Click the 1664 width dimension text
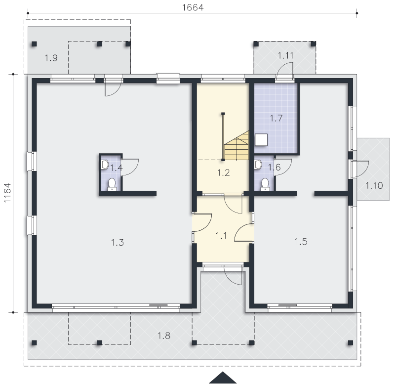[x=193, y=7]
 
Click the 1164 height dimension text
[x=7, y=192]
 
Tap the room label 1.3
[x=118, y=243]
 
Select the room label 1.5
[x=301, y=242]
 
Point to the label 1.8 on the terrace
[x=164, y=336]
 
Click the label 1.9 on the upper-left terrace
[x=51, y=58]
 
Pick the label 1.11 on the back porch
[x=286, y=55]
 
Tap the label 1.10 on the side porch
[x=374, y=185]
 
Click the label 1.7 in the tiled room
[x=276, y=118]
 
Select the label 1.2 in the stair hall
[x=224, y=172]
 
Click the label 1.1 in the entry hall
[x=221, y=236]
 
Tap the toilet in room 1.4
[x=112, y=184]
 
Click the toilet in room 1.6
[x=265, y=184]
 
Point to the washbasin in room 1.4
[x=105, y=165]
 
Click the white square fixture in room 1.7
[x=261, y=140]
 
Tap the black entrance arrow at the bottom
[x=223, y=378]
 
